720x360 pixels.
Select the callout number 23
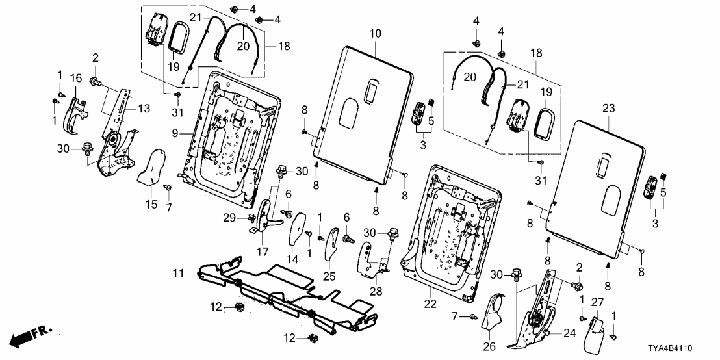pyautogui.click(x=608, y=109)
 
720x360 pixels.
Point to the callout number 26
pyautogui.click(x=489, y=346)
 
